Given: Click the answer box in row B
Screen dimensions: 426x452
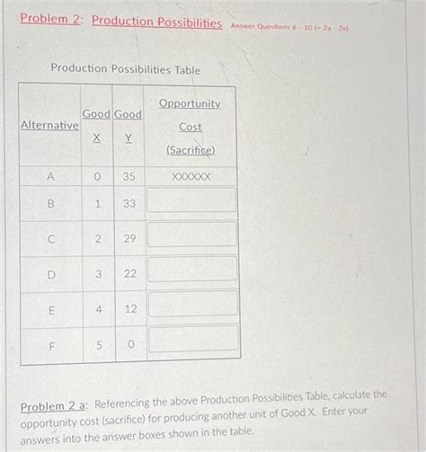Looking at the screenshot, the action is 191,199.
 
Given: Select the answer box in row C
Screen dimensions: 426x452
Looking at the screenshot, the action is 191,234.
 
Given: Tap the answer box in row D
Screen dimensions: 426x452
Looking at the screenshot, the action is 191,269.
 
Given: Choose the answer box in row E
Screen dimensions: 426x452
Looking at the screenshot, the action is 191,303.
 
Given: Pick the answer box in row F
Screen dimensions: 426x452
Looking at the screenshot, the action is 191,338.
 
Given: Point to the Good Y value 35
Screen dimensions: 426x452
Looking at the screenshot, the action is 129,177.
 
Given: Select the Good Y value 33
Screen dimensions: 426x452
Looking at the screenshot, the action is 129,204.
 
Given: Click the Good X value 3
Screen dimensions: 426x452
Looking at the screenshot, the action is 98,273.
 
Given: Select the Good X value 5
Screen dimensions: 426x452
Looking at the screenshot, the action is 98,342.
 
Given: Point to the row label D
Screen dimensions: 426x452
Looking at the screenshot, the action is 50,273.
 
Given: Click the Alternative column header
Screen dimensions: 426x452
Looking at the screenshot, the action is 49,126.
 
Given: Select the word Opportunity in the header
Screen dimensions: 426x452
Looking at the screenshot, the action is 189,104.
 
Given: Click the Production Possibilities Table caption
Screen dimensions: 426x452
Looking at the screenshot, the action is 125,69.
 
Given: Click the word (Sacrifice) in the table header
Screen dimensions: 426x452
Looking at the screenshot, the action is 190,150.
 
